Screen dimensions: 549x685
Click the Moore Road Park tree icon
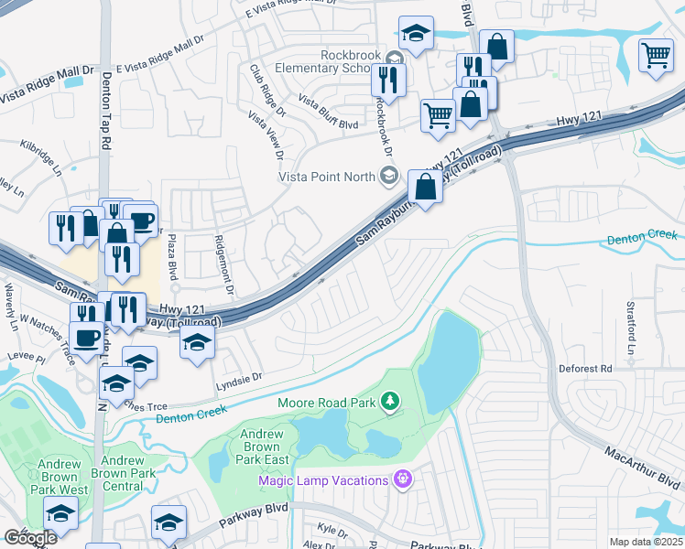[390, 402]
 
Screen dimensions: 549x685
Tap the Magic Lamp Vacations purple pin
[399, 479]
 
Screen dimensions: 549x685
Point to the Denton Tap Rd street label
[106, 112]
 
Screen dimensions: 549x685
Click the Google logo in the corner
[29, 538]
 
